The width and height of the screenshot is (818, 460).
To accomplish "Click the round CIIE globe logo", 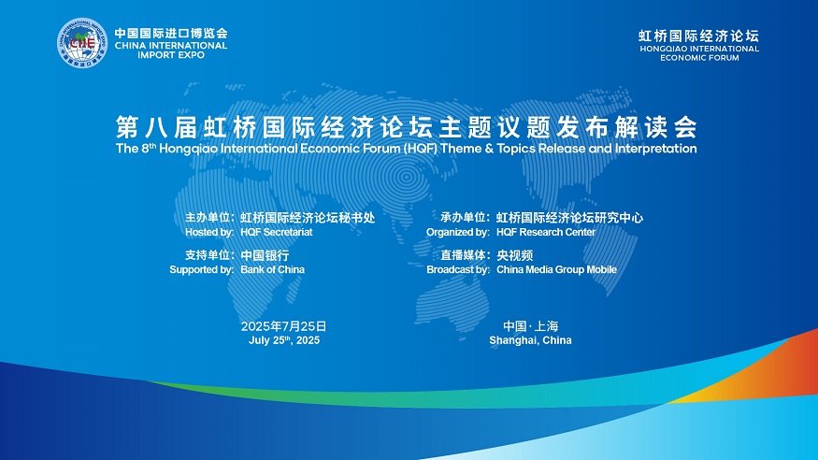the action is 82,43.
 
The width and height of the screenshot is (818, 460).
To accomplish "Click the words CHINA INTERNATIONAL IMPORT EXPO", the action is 171,50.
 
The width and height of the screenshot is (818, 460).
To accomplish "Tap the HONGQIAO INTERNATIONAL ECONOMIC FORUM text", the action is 699,53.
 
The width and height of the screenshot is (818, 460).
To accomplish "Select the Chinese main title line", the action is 407,127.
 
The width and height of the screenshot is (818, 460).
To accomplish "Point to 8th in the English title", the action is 149,148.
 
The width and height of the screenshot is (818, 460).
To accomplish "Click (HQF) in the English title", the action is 420,149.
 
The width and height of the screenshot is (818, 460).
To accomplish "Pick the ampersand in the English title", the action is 489,149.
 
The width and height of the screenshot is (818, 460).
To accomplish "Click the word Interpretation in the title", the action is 655,149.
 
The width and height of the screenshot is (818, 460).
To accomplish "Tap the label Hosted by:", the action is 209,232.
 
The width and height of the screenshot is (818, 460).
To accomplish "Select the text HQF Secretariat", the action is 277,232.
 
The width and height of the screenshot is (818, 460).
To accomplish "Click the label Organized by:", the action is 458,232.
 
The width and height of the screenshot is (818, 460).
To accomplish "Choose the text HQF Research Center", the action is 546,232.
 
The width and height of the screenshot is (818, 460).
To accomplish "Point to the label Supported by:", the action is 202,269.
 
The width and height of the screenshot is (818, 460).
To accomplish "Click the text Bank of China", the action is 272,269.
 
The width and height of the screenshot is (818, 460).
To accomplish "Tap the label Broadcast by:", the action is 458,269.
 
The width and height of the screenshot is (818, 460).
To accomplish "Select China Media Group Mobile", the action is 556,269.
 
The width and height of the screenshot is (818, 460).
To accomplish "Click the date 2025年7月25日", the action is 284,326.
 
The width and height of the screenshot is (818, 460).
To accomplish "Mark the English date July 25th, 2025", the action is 284,340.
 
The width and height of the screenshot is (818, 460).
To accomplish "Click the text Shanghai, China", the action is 531,340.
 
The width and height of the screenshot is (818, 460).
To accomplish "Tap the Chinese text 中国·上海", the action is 531,326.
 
